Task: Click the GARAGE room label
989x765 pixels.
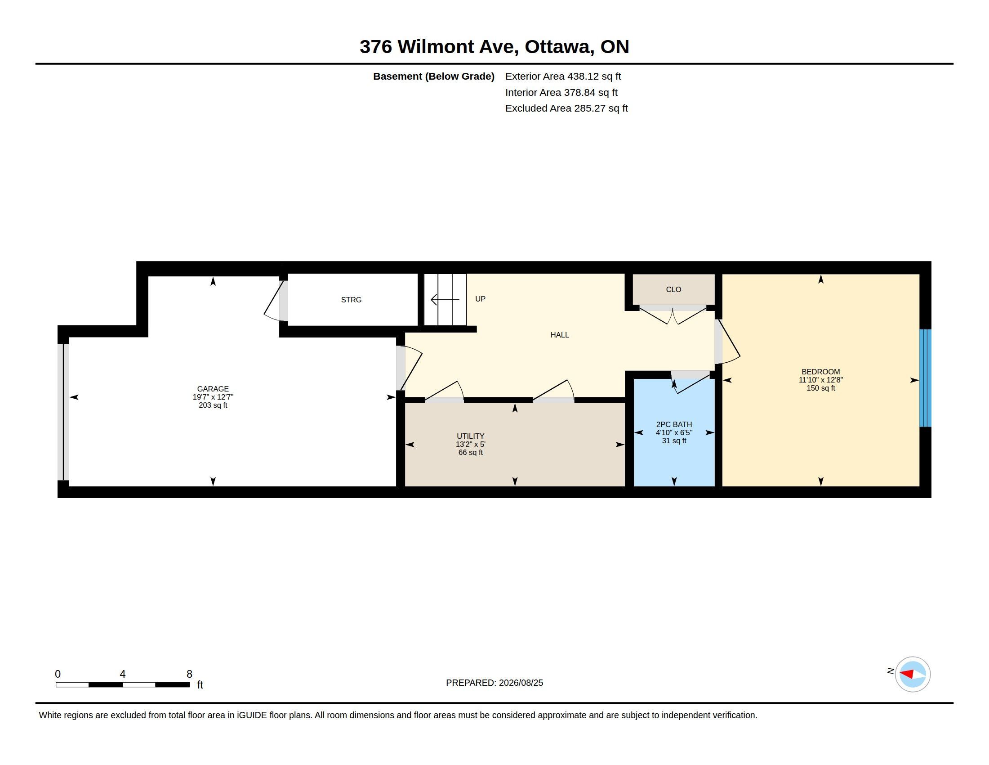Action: tap(213, 389)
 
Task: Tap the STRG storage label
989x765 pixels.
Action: tap(351, 300)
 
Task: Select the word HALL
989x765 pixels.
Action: tap(560, 335)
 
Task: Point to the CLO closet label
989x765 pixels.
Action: tap(673, 290)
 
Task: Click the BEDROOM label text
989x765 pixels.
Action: tap(820, 372)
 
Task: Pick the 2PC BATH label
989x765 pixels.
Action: tap(674, 425)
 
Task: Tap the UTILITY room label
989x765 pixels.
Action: tap(471, 436)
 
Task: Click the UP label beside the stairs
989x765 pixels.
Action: tap(480, 299)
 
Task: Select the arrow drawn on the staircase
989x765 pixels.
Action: tap(445, 300)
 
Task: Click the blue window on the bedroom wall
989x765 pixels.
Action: tap(925, 378)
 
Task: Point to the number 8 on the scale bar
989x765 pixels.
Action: tap(189, 674)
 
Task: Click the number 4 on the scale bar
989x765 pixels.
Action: tap(122, 674)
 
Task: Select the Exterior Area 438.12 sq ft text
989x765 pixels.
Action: tap(563, 76)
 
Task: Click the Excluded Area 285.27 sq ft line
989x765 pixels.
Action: tap(566, 108)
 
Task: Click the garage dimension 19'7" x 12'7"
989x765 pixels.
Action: tap(213, 397)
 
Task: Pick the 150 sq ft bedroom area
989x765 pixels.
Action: tap(820, 388)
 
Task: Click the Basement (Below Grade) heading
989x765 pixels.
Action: tap(433, 76)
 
